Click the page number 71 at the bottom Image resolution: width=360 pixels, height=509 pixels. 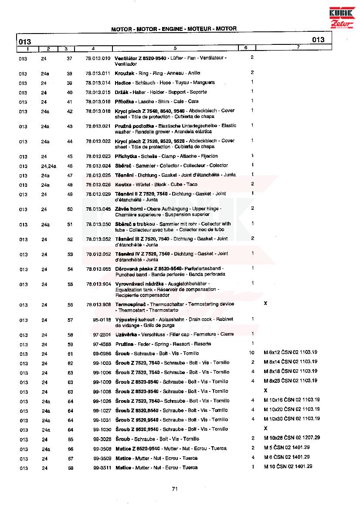[x=175, y=489]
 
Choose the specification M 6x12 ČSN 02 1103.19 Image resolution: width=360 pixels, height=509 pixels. [x=290, y=352]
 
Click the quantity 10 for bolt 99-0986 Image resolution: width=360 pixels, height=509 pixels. [x=251, y=352]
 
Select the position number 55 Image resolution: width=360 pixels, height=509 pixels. [x=70, y=284]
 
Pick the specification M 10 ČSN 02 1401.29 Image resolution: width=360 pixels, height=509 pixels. [x=288, y=467]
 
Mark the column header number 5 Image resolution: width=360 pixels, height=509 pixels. [x=175, y=47]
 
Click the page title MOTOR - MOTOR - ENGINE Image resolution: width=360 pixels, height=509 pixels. [x=174, y=29]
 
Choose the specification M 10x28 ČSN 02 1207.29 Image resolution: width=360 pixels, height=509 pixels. [x=292, y=438]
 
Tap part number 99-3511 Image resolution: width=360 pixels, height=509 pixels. [x=102, y=468]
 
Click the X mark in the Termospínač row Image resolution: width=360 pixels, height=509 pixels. [x=265, y=303]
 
